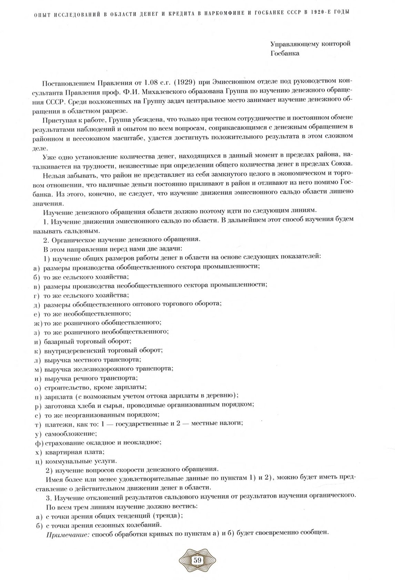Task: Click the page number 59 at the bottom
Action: click(197, 560)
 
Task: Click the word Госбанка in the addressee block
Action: click(285, 53)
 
